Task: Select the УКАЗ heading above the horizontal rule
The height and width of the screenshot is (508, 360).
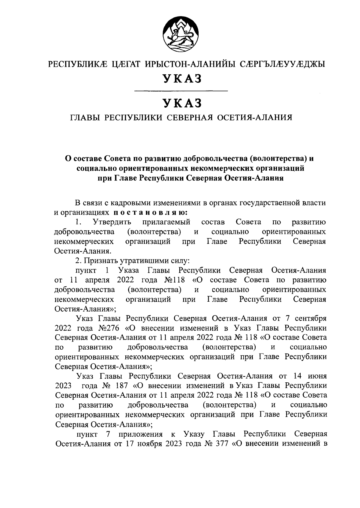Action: (180, 79)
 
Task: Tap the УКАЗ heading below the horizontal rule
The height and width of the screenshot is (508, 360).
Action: (180, 103)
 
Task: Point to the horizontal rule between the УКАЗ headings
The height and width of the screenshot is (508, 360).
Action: (180, 91)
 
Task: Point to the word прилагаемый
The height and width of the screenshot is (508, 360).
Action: (166, 222)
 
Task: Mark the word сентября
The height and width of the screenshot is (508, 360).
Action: (310, 318)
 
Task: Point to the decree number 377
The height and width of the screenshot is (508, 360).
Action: (222, 444)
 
